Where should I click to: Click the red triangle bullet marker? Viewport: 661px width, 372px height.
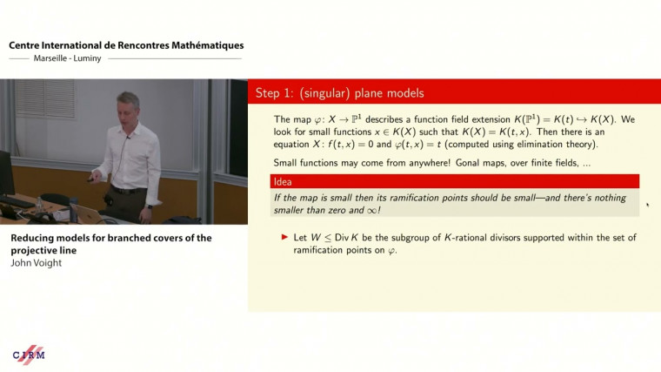(x=284, y=237)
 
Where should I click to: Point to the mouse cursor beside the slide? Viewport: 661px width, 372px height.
(x=647, y=206)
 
